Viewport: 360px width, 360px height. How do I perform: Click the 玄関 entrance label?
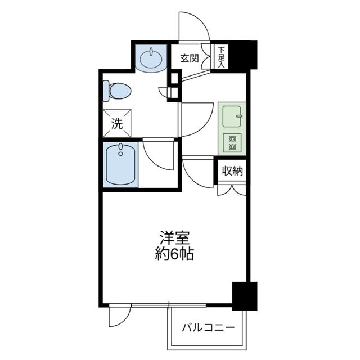click(189, 58)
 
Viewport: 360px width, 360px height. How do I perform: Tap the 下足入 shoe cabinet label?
click(221, 57)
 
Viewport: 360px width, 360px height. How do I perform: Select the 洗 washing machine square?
click(117, 123)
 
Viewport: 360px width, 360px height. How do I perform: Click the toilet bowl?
click(120, 91)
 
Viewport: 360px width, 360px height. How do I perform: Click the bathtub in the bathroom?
click(120, 164)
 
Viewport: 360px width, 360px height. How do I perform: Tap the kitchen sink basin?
click(232, 116)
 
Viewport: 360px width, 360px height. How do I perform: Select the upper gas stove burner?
click(232, 139)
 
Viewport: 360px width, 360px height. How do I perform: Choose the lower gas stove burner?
click(232, 146)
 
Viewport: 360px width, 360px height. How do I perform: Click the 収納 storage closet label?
click(232, 170)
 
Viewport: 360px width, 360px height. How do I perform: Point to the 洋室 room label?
click(175, 238)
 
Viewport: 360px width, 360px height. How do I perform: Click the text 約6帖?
click(174, 254)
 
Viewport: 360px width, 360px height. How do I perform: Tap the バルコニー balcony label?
click(208, 327)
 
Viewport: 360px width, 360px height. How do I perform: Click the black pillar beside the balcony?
click(245, 296)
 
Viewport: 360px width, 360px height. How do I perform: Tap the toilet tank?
click(106, 91)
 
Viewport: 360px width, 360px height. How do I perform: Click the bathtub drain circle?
click(120, 154)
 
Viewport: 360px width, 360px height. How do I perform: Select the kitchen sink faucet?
click(239, 116)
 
